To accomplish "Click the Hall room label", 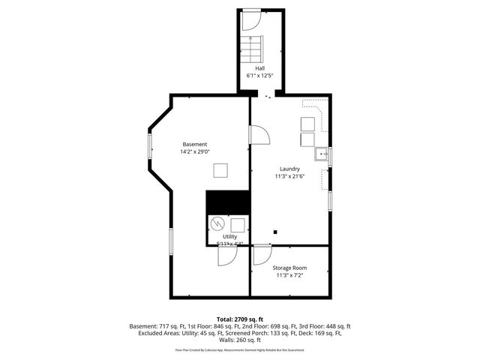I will [x=259, y=67].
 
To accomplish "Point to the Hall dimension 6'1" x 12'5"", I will [x=259, y=76].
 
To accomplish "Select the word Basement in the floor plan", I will [x=195, y=144].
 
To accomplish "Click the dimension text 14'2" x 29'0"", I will [x=195, y=152].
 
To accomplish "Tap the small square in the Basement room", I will [x=220, y=170].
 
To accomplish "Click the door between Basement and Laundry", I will [x=259, y=134].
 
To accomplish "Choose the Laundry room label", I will [x=289, y=169].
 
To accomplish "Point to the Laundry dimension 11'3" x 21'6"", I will [x=289, y=177].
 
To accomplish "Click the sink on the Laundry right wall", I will [x=321, y=154].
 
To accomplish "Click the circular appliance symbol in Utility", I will [x=217, y=223].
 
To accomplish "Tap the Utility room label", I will [x=229, y=236].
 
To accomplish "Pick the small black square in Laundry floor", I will [x=276, y=232].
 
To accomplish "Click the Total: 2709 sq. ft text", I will [x=240, y=318].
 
